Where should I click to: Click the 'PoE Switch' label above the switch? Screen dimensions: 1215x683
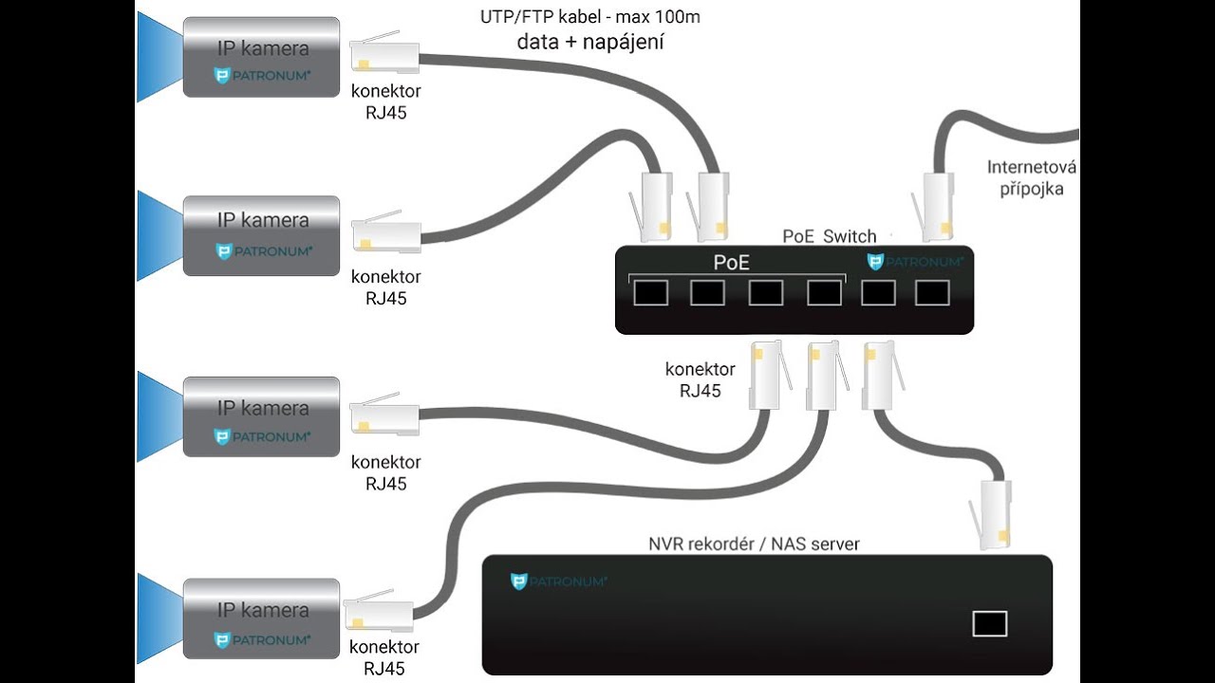pos(830,236)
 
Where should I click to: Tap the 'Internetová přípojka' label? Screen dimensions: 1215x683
pos(1031,177)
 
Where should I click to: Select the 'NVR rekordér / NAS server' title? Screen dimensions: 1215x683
pos(754,544)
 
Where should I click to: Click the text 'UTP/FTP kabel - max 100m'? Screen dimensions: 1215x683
pos(590,17)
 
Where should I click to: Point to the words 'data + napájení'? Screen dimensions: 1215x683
pos(590,43)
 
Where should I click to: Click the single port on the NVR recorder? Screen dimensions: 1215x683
pos(990,623)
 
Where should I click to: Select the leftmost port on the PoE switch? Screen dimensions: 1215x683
pos(651,293)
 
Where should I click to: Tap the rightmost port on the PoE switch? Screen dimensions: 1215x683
pos(932,293)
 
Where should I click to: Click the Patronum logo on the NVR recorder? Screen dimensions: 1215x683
pos(559,581)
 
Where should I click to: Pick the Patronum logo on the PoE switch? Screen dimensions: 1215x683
pos(915,262)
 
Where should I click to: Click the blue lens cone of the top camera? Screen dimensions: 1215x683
pos(160,57)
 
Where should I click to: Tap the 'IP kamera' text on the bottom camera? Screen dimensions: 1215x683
pos(263,610)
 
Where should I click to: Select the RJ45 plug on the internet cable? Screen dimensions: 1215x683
pos(933,207)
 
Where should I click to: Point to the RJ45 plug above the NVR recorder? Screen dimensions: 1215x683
pos(991,516)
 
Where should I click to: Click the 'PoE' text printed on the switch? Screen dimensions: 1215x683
pos(731,263)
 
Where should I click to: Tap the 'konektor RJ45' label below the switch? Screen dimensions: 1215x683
pos(701,380)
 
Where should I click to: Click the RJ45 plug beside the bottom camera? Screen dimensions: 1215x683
pos(379,611)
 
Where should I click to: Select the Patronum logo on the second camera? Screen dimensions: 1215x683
pos(264,251)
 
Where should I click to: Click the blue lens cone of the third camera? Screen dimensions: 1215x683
pos(160,416)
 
